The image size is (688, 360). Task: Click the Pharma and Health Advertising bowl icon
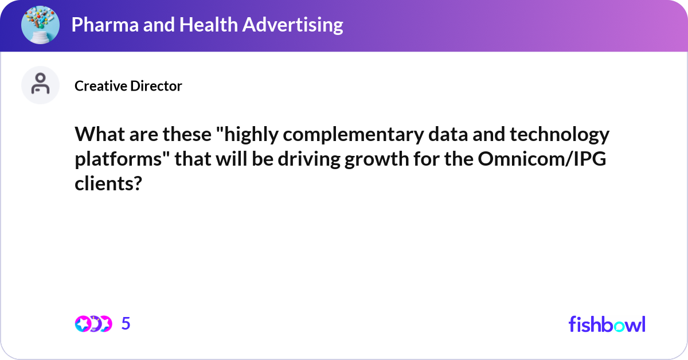point(41,25)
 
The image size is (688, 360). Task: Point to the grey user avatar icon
point(41,85)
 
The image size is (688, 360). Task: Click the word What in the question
point(97,136)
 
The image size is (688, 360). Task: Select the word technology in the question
point(556,136)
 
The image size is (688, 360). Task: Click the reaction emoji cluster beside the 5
point(93,324)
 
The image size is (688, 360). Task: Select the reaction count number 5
point(126,324)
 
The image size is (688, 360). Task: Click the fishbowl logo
point(607,324)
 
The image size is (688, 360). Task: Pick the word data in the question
point(445,136)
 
